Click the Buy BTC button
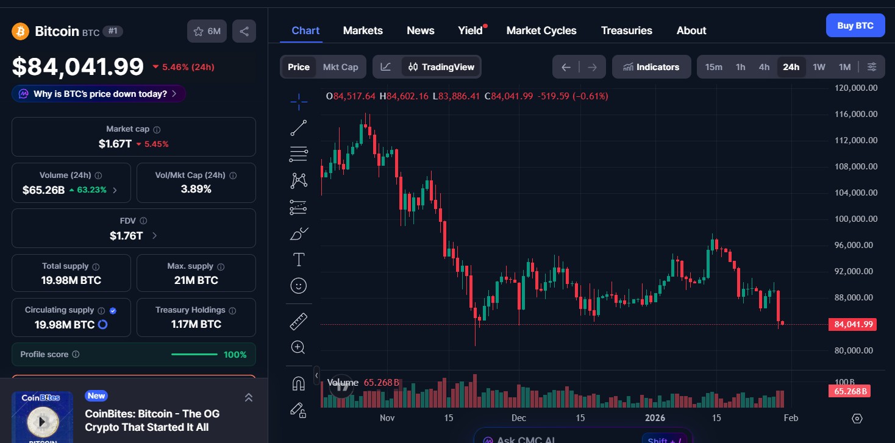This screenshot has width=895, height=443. tap(855, 26)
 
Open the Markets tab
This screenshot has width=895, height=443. tap(363, 30)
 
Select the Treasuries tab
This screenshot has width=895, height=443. tap(626, 30)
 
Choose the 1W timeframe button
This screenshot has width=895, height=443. tap(819, 67)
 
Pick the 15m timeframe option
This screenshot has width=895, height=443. tap(713, 67)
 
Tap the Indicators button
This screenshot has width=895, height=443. tap(651, 67)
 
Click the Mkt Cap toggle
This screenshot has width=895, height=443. tap(340, 67)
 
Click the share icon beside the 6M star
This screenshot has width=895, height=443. tap(244, 31)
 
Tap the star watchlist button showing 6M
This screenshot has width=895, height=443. tap(207, 31)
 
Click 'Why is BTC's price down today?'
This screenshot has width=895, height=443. tap(99, 94)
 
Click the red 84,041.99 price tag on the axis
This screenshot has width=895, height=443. tap(852, 324)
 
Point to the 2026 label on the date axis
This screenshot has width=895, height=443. tap(656, 417)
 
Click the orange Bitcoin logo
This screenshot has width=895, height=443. tap(20, 31)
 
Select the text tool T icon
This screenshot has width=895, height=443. tap(299, 260)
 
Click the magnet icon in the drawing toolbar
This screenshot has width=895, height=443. tap(298, 384)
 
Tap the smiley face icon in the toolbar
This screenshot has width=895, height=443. tap(299, 286)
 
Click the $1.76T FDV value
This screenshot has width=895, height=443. tap(126, 235)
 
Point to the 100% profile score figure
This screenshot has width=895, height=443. tap(235, 355)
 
